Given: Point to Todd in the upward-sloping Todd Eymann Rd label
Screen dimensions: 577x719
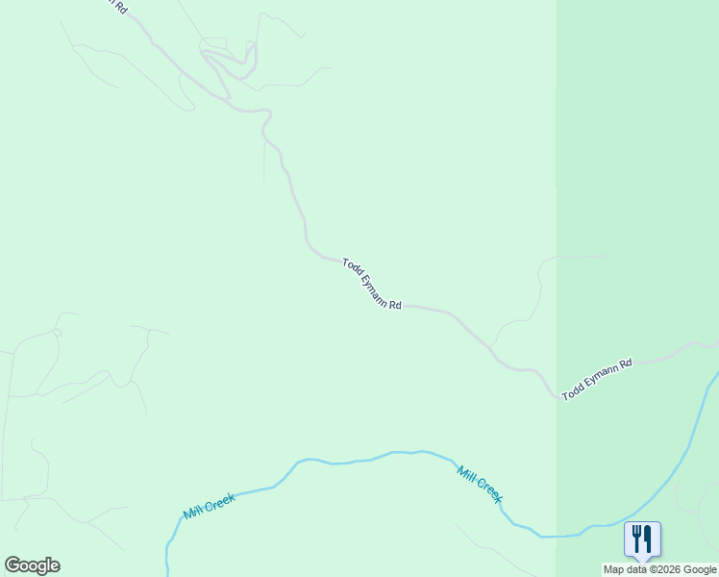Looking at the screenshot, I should coord(572,391).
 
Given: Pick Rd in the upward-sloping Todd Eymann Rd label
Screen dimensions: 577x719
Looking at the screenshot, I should coord(626,364).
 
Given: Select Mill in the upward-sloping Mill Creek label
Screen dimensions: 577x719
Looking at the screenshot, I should coord(193,512).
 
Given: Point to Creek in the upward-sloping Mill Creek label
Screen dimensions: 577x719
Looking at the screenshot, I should coord(219,502).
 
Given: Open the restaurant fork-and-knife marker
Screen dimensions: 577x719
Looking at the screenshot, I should coord(642,539).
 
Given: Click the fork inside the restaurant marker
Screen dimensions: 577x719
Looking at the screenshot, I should coord(636,538).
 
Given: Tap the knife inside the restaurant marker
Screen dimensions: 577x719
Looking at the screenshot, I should coord(648,538).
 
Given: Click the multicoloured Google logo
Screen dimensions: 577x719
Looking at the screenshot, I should coord(32,565).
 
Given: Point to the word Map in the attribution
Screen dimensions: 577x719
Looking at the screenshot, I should coord(612,569).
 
